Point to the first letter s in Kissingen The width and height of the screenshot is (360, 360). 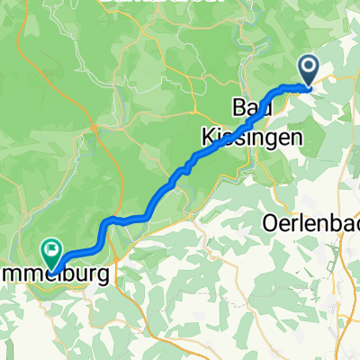(x=224, y=136)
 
